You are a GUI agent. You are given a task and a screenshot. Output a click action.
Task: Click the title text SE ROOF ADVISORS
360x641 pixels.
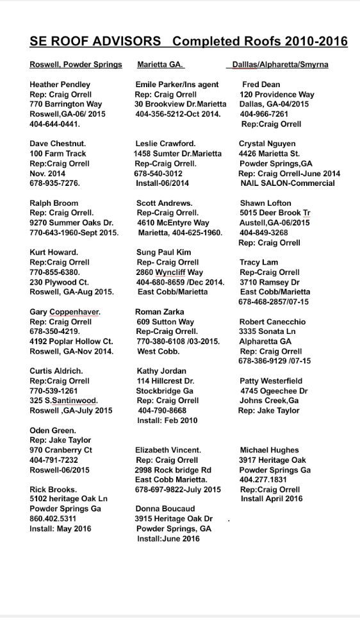95,42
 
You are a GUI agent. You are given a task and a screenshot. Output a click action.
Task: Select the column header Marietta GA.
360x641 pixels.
160,65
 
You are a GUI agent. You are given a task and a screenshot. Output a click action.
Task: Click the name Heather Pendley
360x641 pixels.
60,85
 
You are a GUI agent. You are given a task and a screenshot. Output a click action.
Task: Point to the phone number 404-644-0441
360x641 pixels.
55,124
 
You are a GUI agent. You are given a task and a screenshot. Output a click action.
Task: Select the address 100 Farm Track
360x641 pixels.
58,154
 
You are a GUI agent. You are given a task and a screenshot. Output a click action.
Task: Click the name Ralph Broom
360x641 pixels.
54,203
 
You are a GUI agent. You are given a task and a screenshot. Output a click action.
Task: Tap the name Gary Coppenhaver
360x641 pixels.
65,312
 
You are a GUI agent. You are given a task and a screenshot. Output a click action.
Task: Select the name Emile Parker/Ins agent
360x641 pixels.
177,85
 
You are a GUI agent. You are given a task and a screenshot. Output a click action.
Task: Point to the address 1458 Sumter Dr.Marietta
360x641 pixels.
177,154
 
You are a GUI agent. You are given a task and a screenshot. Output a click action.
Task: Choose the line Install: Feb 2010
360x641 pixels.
167,420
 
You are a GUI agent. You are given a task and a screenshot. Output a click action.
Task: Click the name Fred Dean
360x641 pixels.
261,85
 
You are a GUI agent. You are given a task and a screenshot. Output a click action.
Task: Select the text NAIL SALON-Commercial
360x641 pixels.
288,183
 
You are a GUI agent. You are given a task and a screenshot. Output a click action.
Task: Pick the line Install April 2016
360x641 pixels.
272,499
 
